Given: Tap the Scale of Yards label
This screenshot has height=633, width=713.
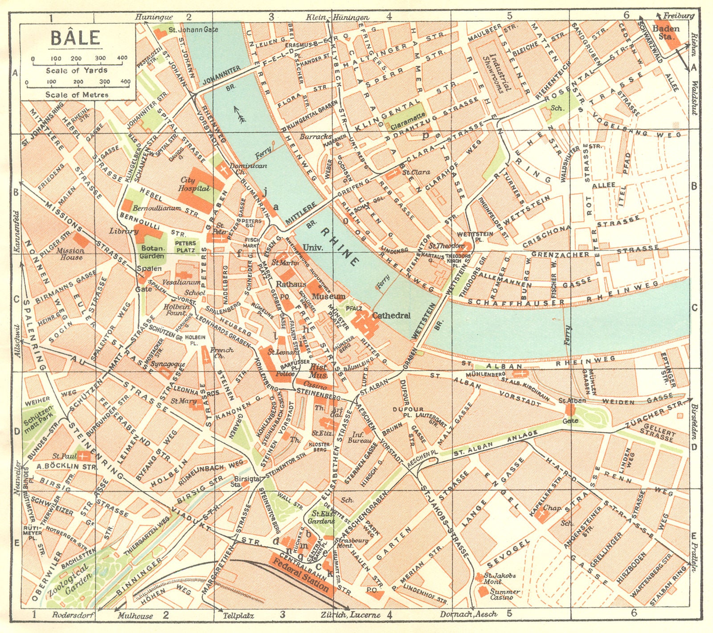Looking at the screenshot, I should [x=76, y=70].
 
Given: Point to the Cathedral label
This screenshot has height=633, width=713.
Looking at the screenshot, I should [x=391, y=315].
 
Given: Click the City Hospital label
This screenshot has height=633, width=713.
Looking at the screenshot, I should [x=188, y=184].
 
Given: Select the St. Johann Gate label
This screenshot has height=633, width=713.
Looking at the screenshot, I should [x=193, y=29].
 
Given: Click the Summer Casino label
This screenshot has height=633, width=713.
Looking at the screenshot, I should [x=504, y=594].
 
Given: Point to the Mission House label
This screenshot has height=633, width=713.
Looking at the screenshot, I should [x=70, y=254].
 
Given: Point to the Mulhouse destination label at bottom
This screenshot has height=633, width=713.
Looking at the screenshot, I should [x=135, y=616].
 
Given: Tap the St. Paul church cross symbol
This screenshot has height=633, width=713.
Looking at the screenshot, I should [x=83, y=456].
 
